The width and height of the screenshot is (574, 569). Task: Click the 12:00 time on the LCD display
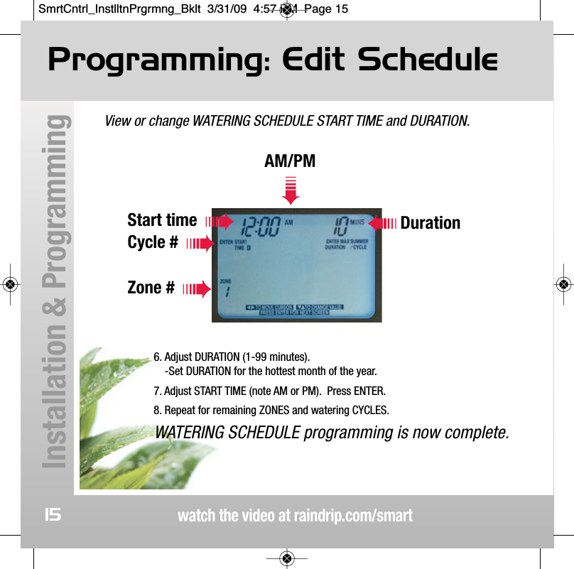260,227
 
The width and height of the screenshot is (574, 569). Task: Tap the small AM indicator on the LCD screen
288,222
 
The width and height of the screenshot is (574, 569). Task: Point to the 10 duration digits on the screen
340,227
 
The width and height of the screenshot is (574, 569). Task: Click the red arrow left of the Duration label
382,223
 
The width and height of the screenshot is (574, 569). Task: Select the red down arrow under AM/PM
290,189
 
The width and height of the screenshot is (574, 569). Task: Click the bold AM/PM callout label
290,161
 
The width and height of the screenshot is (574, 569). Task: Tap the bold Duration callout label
430,223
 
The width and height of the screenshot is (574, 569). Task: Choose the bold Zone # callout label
151,288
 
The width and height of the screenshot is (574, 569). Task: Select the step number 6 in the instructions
157,356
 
